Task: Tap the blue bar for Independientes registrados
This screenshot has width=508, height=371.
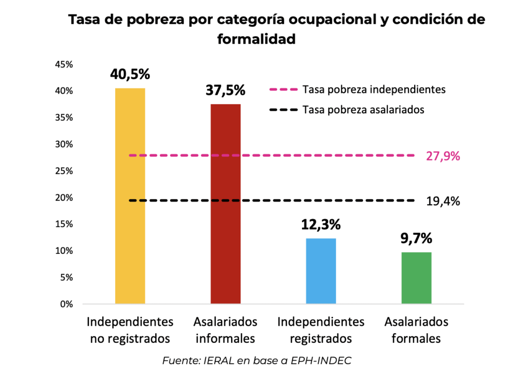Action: point(321,271)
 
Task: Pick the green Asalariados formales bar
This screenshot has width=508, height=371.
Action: point(416,278)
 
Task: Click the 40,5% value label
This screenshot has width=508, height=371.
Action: point(130,74)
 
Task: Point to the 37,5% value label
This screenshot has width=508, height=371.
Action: point(226,90)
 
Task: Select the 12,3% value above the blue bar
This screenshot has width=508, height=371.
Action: point(321,224)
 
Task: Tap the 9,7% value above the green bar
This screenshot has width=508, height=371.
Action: point(416,238)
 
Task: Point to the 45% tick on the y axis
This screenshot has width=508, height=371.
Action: point(64,65)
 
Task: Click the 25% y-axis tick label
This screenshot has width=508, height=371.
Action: point(64,171)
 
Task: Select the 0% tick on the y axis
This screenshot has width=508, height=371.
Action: point(66,304)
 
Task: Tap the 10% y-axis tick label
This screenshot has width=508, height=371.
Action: point(64,251)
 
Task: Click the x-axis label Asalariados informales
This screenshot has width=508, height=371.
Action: point(226,330)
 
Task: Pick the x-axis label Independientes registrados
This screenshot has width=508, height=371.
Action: point(321,330)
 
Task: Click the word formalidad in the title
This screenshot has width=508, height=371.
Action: point(256,39)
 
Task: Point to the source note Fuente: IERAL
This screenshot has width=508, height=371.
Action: point(256,360)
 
